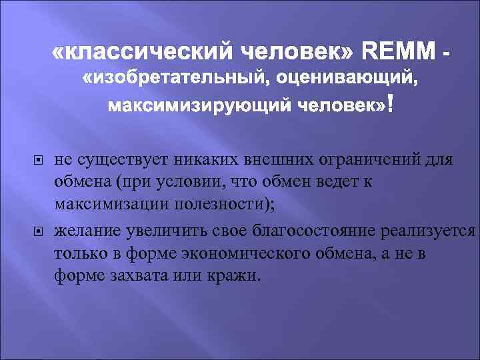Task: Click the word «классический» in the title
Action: (x=143, y=50)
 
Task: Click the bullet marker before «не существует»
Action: (x=38, y=160)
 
